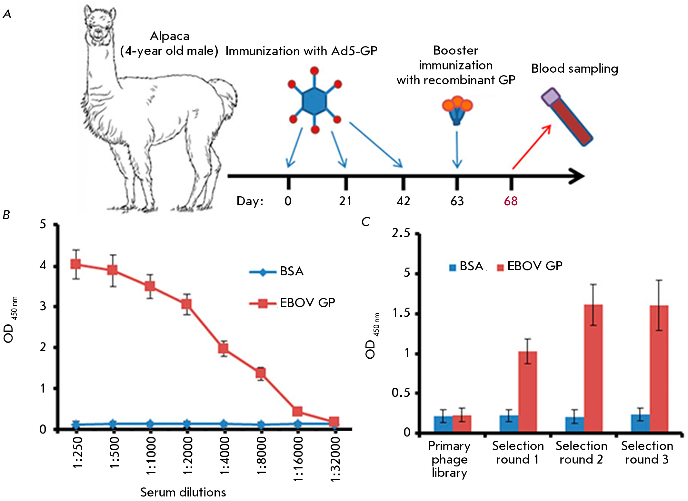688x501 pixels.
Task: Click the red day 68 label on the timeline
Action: [511, 201]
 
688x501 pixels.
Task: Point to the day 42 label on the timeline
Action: [403, 201]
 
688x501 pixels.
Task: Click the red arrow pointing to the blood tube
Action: [532, 147]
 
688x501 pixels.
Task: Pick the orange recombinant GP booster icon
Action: [457, 110]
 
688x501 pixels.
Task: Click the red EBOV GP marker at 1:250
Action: [76, 264]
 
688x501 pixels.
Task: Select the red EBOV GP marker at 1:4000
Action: [223, 348]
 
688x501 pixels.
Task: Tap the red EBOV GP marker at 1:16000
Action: [297, 411]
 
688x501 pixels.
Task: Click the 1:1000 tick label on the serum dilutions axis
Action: [151, 455]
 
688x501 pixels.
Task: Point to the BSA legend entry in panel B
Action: [276, 271]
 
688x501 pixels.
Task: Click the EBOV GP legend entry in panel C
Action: [530, 266]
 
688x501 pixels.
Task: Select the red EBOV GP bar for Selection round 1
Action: [527, 391]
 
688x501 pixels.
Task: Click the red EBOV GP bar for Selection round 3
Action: [659, 368]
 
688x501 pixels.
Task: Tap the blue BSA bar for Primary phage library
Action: [443, 424]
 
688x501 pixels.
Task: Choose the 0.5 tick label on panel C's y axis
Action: [401, 393]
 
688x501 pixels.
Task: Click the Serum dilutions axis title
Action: [183, 492]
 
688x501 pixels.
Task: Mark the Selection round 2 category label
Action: [581, 453]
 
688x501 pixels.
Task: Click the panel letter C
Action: [366, 222]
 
